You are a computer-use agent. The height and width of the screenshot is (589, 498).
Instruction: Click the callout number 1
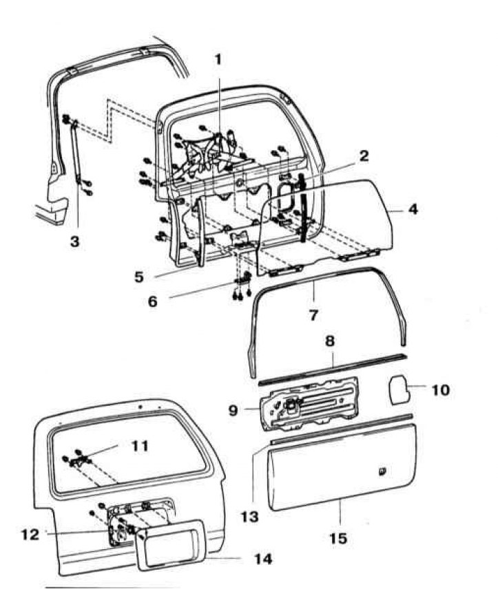click(x=218, y=60)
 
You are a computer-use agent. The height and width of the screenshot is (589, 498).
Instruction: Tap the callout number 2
click(x=364, y=156)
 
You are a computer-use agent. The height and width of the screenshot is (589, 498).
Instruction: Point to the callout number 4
click(x=413, y=208)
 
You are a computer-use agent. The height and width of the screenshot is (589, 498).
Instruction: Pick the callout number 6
click(x=154, y=301)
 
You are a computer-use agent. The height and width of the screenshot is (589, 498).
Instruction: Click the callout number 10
click(x=440, y=390)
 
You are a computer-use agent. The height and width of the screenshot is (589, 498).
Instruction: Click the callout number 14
click(x=263, y=559)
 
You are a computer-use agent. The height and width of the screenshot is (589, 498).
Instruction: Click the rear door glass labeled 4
click(x=331, y=220)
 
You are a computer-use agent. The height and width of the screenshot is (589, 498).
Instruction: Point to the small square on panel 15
click(x=382, y=471)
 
